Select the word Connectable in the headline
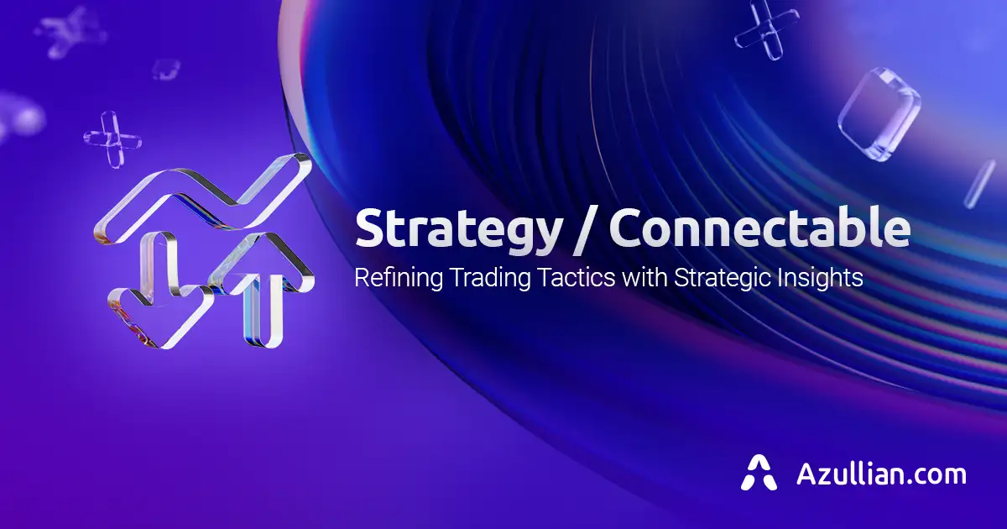click(x=760, y=228)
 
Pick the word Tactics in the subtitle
click(x=575, y=277)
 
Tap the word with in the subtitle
click(x=642, y=277)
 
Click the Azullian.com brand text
click(x=881, y=474)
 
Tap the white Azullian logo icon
click(x=759, y=473)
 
